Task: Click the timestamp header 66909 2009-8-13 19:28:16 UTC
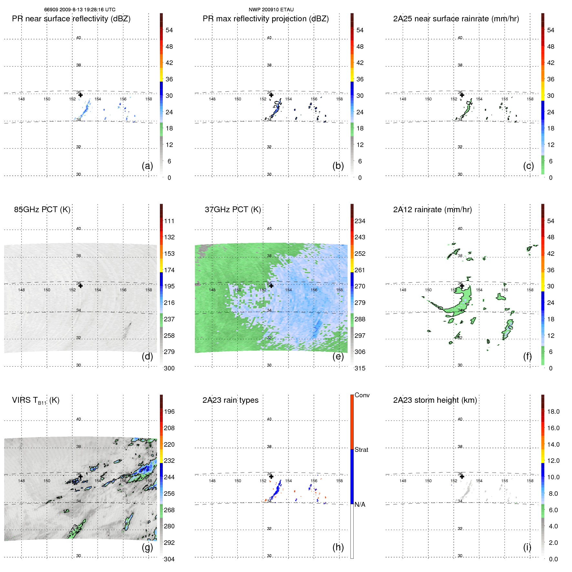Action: (80, 10)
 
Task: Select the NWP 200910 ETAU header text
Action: (271, 10)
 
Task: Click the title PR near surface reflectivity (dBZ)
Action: (71, 19)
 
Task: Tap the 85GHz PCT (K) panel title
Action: (42, 210)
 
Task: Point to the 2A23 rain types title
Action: (230, 400)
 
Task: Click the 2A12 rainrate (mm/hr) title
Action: (432, 210)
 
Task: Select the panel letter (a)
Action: (147, 166)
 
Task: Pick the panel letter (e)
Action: (338, 356)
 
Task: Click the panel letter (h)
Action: (338, 547)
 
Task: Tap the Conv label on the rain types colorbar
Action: (362, 395)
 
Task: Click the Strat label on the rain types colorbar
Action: (361, 450)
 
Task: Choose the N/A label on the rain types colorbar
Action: (360, 504)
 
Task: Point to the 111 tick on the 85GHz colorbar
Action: (169, 221)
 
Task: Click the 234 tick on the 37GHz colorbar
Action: (360, 221)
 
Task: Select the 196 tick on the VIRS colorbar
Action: (169, 411)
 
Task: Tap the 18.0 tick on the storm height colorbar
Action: (553, 411)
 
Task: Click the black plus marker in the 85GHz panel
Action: (80, 286)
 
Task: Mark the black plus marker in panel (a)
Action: (80, 95)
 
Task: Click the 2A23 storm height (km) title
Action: (435, 400)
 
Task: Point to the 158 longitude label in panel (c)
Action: (530, 99)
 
